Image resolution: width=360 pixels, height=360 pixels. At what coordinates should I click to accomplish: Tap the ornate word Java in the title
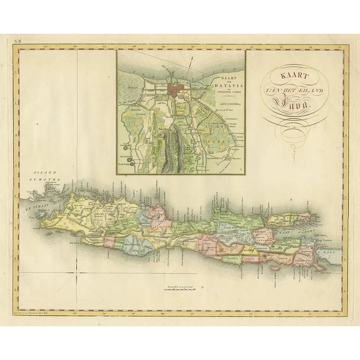[x=289, y=101]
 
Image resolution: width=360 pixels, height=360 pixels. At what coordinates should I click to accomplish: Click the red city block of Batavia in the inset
[x=181, y=91]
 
